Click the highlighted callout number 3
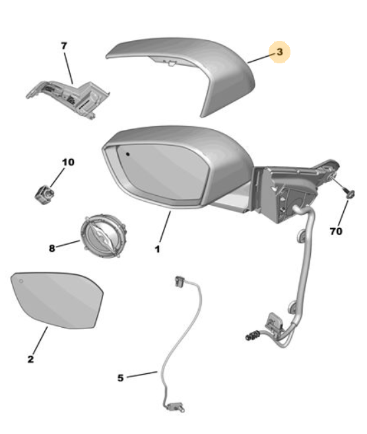[x=280, y=51]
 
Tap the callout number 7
[x=64, y=46]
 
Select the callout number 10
[x=68, y=162]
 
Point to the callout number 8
[x=51, y=248]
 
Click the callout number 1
[x=157, y=249]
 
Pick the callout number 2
[x=30, y=359]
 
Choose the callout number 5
[x=120, y=378]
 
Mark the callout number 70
[x=336, y=231]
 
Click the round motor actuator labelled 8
[x=103, y=236]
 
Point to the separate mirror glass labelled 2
[x=57, y=300]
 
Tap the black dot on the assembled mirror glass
[x=127, y=154]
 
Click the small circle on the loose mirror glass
[x=21, y=281]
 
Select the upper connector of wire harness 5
[x=179, y=282]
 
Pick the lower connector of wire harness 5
[x=175, y=406]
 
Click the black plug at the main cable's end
[x=252, y=336]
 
